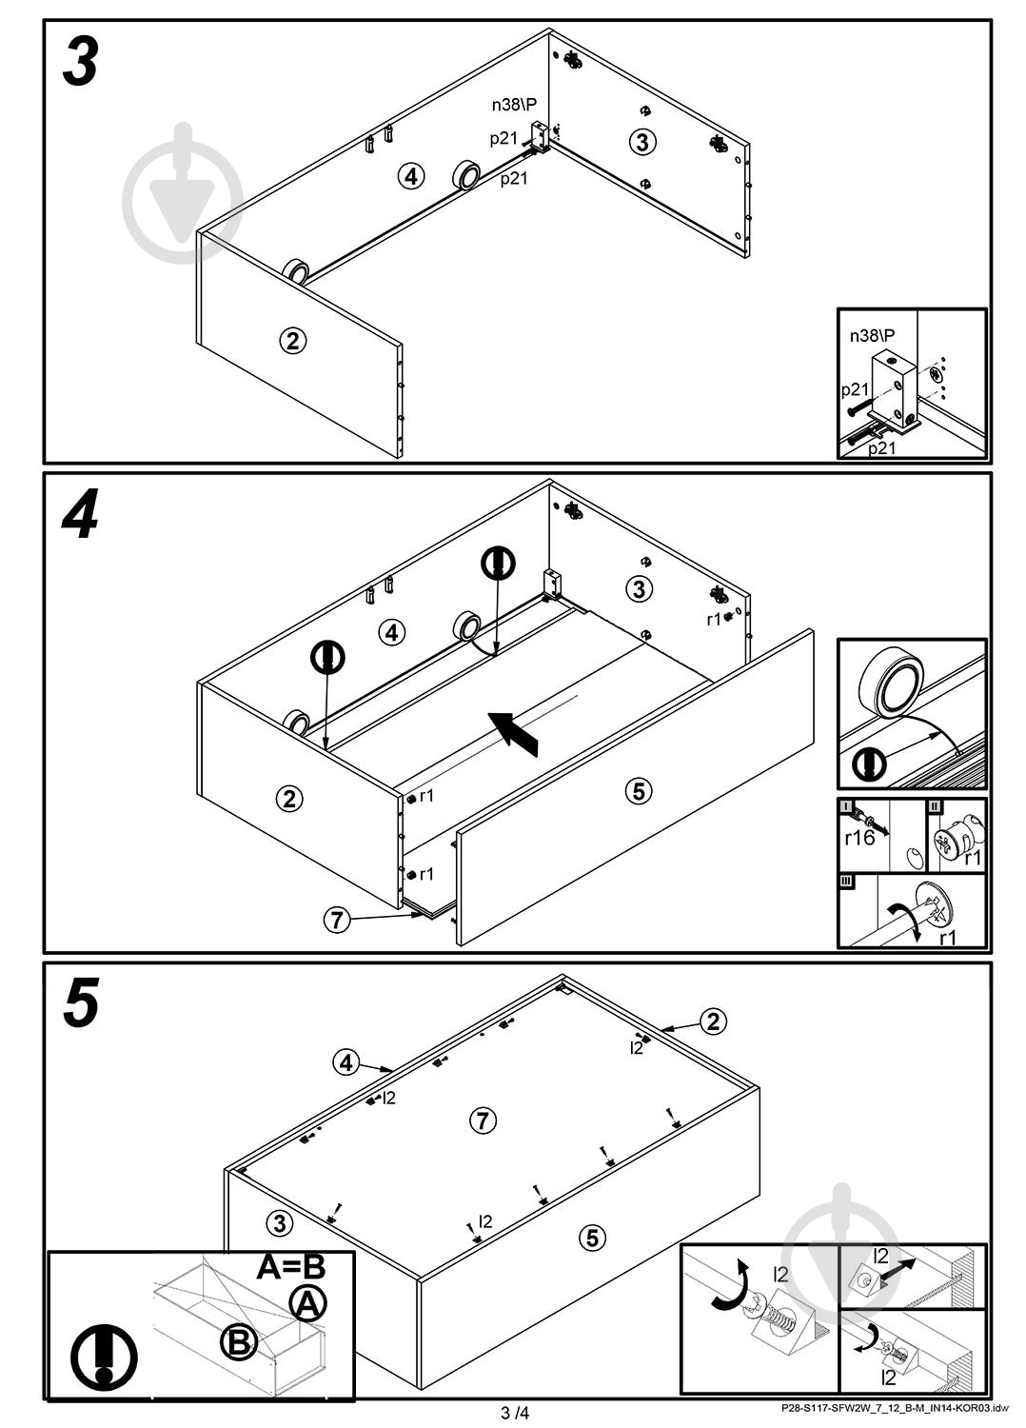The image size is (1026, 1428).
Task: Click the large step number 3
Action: (x=80, y=62)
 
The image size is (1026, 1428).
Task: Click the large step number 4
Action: (x=80, y=514)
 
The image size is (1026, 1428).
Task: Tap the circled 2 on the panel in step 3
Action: (x=292, y=341)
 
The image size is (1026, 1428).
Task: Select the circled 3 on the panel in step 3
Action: (x=642, y=142)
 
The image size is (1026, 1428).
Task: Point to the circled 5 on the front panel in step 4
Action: (x=639, y=791)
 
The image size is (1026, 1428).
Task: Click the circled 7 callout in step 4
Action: (x=337, y=920)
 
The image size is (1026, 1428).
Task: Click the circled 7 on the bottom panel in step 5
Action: (x=483, y=1120)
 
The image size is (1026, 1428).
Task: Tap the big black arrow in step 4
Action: (x=513, y=734)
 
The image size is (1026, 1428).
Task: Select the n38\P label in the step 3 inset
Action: (x=872, y=335)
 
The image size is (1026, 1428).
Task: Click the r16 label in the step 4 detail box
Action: (x=859, y=838)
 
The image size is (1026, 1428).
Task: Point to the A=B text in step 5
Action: (x=291, y=1267)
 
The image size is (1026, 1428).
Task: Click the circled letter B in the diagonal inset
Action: (x=239, y=1344)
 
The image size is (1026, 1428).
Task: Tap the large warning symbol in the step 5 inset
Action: (x=104, y=1358)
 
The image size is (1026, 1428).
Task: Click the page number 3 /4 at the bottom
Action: (x=514, y=1413)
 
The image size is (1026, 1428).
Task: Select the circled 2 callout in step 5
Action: (x=713, y=1021)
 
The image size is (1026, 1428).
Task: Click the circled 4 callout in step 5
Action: (x=346, y=1062)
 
